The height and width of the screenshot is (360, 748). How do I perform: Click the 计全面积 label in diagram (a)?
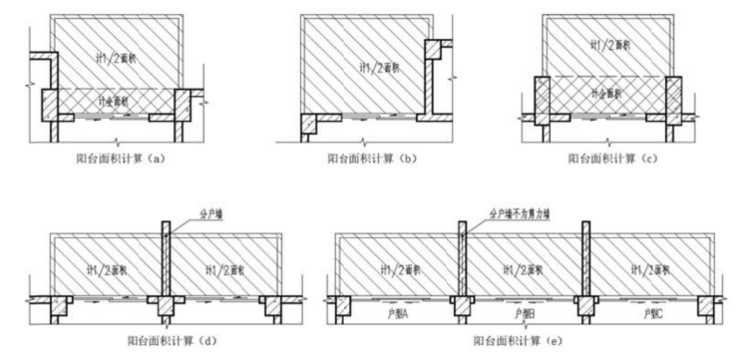click(x=115, y=103)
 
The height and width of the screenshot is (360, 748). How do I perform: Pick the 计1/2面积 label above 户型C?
click(x=649, y=267)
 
